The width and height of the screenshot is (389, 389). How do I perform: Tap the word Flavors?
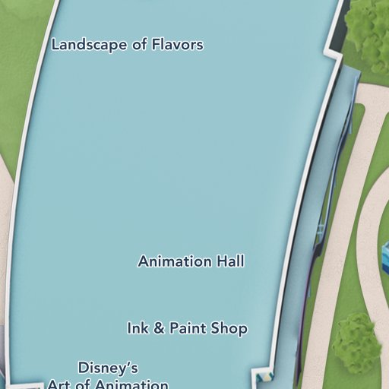coord(177,45)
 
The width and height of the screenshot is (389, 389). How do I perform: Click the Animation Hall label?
coord(191,261)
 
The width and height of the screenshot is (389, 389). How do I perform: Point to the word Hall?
coord(230,261)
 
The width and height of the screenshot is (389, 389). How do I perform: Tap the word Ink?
coord(138,328)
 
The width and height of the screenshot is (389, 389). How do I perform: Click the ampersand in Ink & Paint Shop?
coord(158,328)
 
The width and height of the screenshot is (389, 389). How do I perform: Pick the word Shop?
coord(229,328)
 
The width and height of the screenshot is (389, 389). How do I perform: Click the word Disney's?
coord(108,368)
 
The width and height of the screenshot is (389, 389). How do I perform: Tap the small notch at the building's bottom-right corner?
coord(262,375)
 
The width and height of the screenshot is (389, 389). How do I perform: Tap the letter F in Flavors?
coord(157,45)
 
